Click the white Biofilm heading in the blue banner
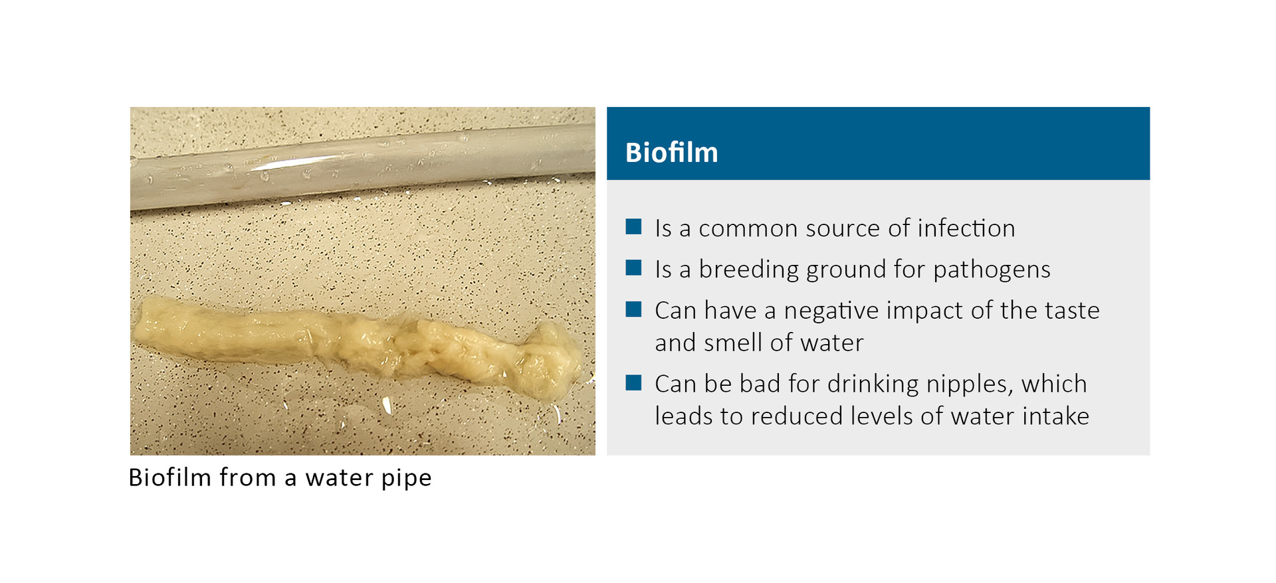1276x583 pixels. pyautogui.click(x=671, y=153)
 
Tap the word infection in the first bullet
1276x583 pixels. pyautogui.click(x=966, y=228)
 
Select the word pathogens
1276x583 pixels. pyautogui.click(x=992, y=270)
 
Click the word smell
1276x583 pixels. pyautogui.click(x=732, y=343)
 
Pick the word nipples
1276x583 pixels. pyautogui.click(x=968, y=384)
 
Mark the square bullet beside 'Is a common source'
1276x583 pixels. pyautogui.click(x=633, y=227)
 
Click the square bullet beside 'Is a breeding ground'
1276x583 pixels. pyautogui.click(x=633, y=268)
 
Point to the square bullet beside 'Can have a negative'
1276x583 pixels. pyautogui.click(x=633, y=309)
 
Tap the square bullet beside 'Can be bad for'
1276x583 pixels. pyautogui.click(x=633, y=382)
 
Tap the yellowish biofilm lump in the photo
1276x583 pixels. pyautogui.click(x=359, y=345)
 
